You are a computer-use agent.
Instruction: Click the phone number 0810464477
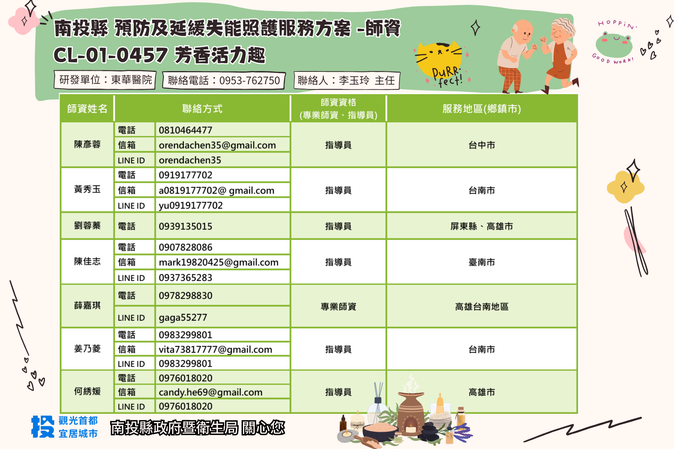[185, 130]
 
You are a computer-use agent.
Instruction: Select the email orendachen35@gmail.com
[217, 145]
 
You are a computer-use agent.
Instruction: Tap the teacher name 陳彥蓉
[87, 144]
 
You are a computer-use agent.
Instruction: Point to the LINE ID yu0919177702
[191, 205]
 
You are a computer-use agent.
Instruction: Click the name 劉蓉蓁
[87, 225]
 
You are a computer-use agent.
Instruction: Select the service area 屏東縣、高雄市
[482, 226]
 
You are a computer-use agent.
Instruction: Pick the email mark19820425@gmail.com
[219, 262]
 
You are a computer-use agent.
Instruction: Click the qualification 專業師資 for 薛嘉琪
[338, 307]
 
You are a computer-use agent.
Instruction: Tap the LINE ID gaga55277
[183, 318]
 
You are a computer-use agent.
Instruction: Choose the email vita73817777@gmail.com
[215, 349]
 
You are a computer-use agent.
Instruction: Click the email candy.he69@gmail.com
[210, 392]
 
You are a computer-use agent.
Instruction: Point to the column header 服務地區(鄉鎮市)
[482, 109]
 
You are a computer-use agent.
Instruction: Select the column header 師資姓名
[87, 109]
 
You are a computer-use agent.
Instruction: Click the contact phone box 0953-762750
[224, 80]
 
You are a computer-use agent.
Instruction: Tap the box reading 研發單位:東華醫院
[106, 80]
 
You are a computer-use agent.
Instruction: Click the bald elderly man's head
[523, 31]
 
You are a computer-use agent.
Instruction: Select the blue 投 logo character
[43, 426]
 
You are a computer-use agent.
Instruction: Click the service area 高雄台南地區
[482, 307]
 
